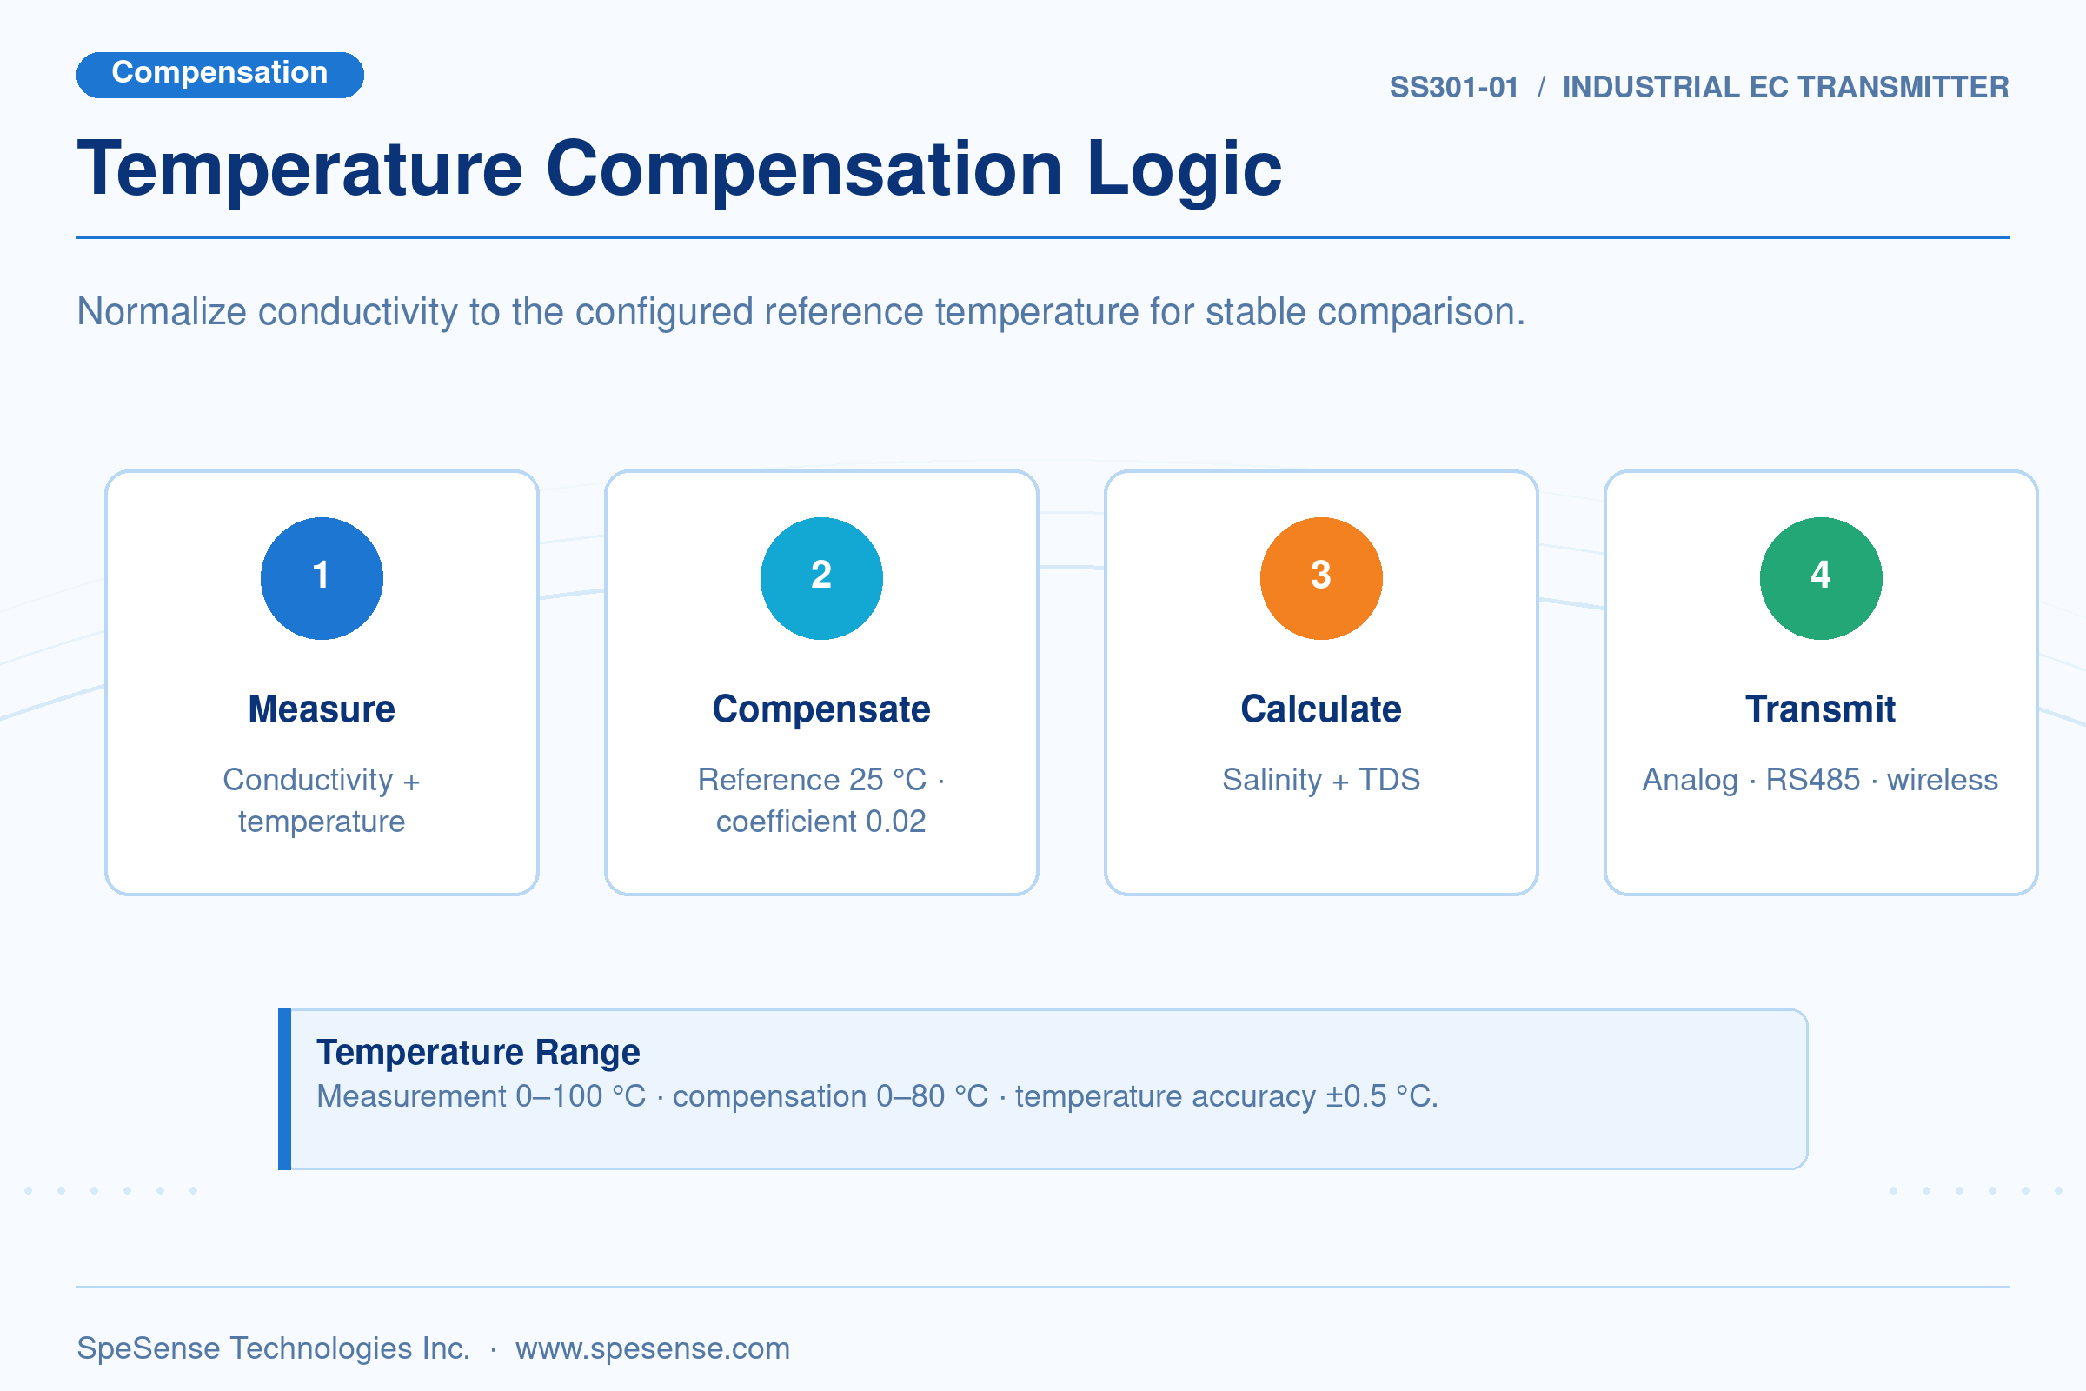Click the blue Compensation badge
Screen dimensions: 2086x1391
point(220,75)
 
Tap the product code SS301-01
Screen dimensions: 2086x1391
point(1453,87)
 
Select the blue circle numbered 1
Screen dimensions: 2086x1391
point(322,578)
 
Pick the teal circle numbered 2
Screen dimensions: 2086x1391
point(821,578)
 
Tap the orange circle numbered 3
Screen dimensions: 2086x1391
point(1321,578)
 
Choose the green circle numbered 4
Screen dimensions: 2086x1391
point(1821,578)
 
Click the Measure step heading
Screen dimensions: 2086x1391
point(322,709)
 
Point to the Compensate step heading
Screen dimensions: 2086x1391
point(821,709)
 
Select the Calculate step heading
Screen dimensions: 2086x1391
point(1321,709)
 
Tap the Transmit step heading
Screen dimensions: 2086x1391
point(1821,709)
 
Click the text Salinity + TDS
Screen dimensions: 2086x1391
point(1321,780)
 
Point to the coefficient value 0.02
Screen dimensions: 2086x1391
point(896,822)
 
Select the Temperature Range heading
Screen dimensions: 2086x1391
point(478,1053)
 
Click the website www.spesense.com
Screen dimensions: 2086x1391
point(653,1348)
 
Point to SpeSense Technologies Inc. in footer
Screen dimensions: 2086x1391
point(273,1348)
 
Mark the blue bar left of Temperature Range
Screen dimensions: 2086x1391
point(285,1089)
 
